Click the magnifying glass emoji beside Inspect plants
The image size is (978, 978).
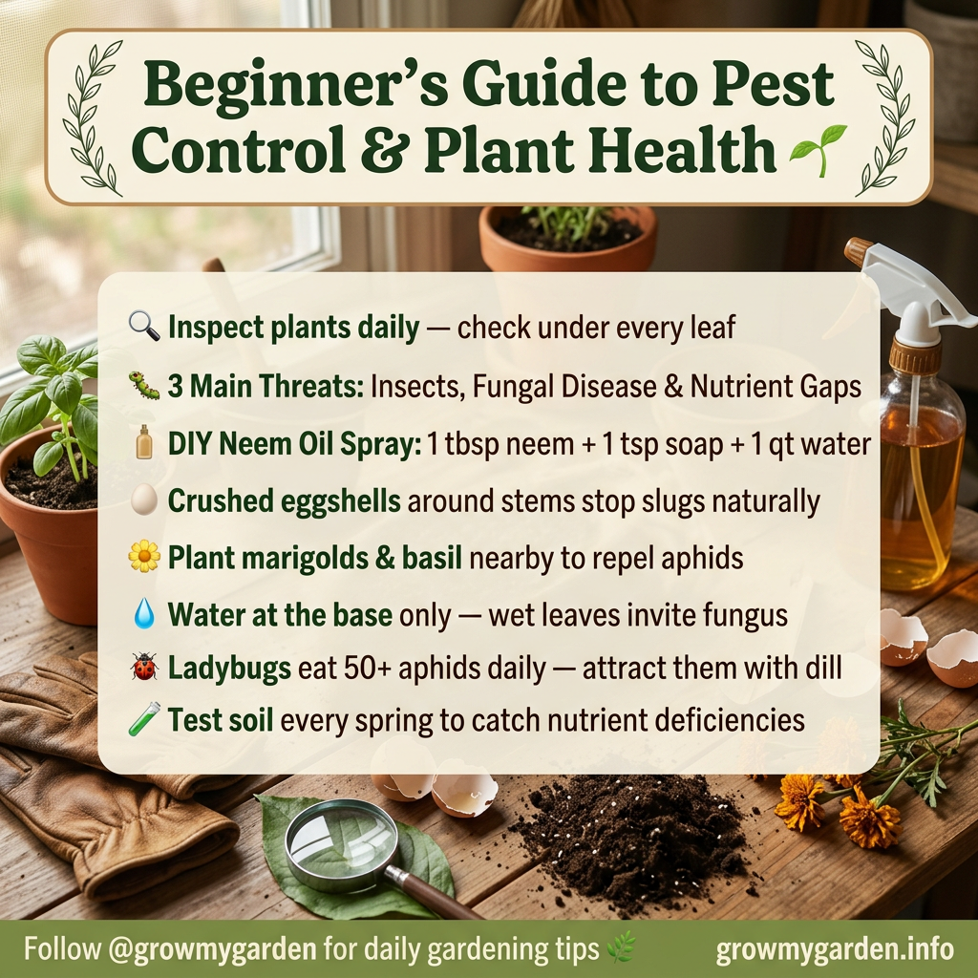click(144, 328)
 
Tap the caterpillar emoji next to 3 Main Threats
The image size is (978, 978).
click(144, 387)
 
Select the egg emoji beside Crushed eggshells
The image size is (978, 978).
click(144, 500)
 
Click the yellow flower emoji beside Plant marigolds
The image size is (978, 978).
click(144, 557)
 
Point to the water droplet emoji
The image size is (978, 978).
click(144, 614)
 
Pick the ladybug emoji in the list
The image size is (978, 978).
click(144, 667)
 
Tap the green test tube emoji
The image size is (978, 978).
click(144, 719)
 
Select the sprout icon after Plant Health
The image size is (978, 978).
click(819, 151)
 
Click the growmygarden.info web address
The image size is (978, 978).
click(835, 949)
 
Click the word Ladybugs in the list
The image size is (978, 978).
click(229, 668)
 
